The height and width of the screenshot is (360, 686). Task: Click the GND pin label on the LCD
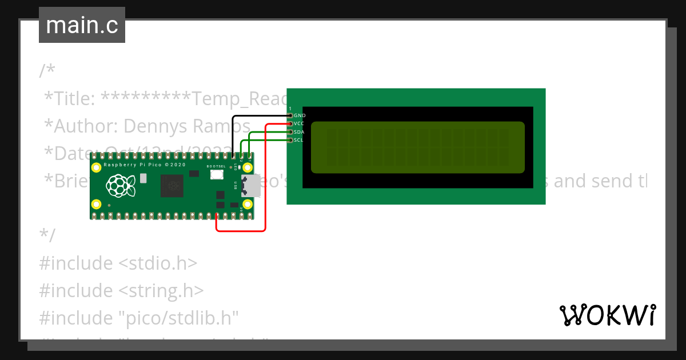(x=300, y=115)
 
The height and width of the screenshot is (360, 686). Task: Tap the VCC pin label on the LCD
(x=300, y=123)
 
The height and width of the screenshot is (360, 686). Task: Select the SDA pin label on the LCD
(x=300, y=132)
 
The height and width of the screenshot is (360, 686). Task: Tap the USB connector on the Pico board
(x=251, y=186)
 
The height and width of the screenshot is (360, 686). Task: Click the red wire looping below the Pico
(x=240, y=231)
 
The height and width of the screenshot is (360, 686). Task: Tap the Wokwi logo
(x=607, y=315)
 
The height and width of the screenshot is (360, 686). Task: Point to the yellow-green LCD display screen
(x=417, y=147)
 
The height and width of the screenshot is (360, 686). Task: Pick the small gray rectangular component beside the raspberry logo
(x=143, y=178)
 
